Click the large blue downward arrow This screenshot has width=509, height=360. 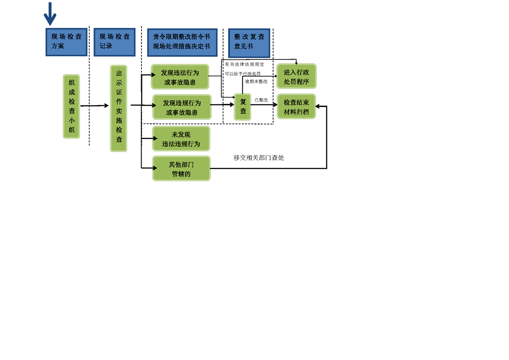(x=50, y=14)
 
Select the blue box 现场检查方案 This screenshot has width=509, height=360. (x=66, y=42)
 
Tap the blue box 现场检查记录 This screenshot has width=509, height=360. (x=114, y=42)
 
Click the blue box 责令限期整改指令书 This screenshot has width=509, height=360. (x=181, y=42)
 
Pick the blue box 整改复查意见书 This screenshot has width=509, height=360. (x=249, y=42)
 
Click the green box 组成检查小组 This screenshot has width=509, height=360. (x=71, y=106)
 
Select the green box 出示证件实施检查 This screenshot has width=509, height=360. (x=118, y=108)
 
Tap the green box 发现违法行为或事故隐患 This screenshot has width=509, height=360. (x=180, y=77)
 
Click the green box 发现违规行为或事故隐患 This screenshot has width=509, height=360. (x=181, y=107)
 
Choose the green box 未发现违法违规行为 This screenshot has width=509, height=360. (x=181, y=139)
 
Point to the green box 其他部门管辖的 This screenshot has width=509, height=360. (x=181, y=168)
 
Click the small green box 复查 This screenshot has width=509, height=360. (x=243, y=107)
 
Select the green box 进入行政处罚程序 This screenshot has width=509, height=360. (x=296, y=76)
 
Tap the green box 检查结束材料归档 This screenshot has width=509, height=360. (x=296, y=106)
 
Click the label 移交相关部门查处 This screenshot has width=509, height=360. (x=259, y=158)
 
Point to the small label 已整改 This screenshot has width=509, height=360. (x=261, y=100)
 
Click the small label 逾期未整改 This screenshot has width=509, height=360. (x=256, y=82)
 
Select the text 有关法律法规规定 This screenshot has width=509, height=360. (x=244, y=64)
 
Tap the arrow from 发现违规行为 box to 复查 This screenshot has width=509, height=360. (x=223, y=105)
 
